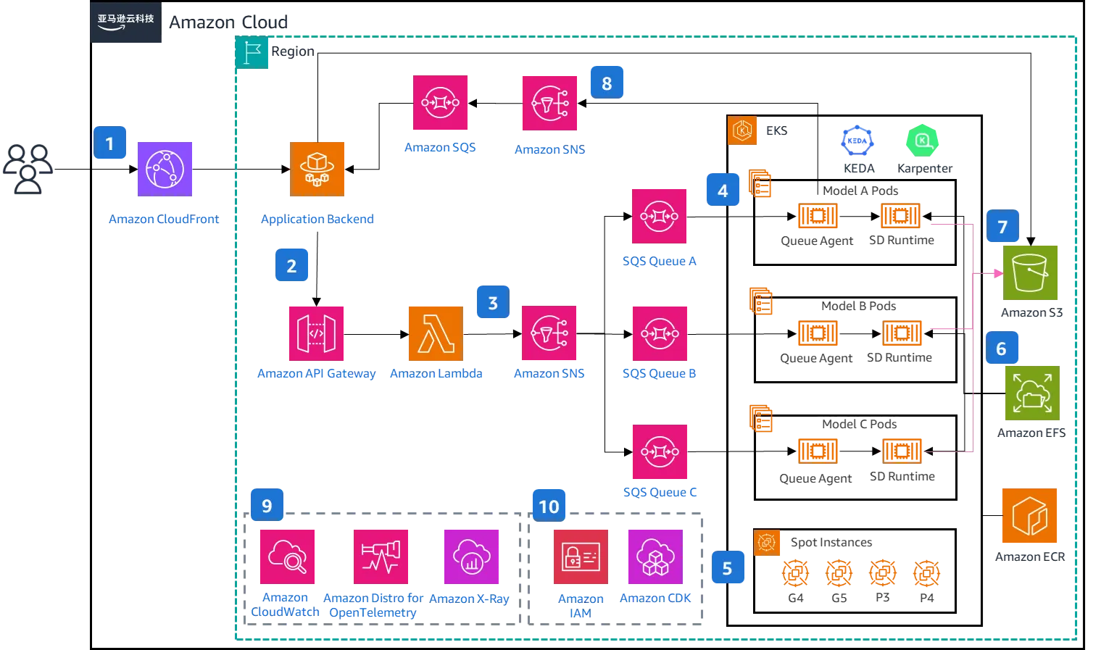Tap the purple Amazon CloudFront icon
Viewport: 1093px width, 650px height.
[x=164, y=169]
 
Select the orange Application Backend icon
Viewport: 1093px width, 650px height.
[x=317, y=169]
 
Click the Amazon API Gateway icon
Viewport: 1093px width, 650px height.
[x=317, y=333]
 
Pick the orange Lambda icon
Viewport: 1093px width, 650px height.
[x=436, y=333]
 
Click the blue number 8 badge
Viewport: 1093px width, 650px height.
[x=607, y=83]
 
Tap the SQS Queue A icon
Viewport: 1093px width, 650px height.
[x=660, y=215]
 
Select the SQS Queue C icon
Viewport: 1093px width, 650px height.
[x=660, y=452]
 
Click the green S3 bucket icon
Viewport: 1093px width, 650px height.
[x=1031, y=272]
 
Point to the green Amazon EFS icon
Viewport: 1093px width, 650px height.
[x=1031, y=393]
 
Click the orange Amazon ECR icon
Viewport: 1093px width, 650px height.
[x=1029, y=516]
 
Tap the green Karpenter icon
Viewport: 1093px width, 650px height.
[x=922, y=141]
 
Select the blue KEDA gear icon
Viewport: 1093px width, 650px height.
[x=858, y=141]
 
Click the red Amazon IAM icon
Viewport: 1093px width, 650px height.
[x=580, y=557]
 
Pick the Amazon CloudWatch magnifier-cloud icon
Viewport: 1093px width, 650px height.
[x=287, y=557]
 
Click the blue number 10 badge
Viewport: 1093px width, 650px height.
[x=549, y=506]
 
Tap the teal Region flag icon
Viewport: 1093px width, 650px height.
[x=252, y=52]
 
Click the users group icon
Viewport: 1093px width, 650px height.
[x=29, y=170]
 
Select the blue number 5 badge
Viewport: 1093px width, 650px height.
[x=726, y=568]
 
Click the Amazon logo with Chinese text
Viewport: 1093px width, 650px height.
[x=125, y=23]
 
